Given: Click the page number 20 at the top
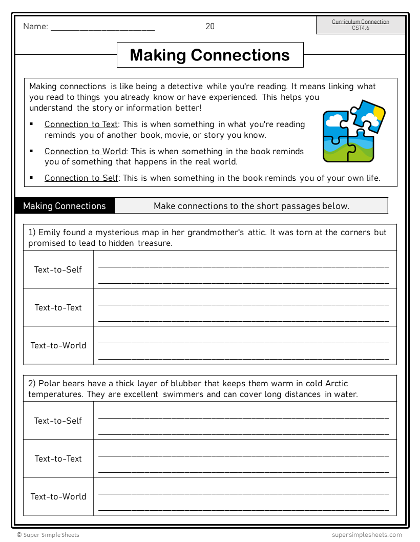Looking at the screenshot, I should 210,27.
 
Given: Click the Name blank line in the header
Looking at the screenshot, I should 102,29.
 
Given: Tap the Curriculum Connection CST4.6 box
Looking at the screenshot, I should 360,25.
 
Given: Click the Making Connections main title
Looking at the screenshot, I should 210,55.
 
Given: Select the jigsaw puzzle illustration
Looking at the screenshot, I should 353,131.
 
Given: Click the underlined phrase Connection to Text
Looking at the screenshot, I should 81,124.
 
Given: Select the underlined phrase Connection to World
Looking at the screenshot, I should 85,151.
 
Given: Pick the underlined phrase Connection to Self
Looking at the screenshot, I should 81,178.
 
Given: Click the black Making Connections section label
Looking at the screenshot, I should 65,206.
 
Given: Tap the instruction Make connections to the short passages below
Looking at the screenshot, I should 251,206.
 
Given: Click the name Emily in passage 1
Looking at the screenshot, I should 50,233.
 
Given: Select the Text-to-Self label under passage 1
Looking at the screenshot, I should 58,269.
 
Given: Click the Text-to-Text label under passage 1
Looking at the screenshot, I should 58,307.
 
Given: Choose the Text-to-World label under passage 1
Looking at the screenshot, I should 58,345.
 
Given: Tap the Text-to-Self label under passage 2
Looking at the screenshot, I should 58,421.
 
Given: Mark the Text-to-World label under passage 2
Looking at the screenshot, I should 58,496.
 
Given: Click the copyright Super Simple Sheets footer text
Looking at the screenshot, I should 48,535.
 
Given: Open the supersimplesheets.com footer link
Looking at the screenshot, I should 367,535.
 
